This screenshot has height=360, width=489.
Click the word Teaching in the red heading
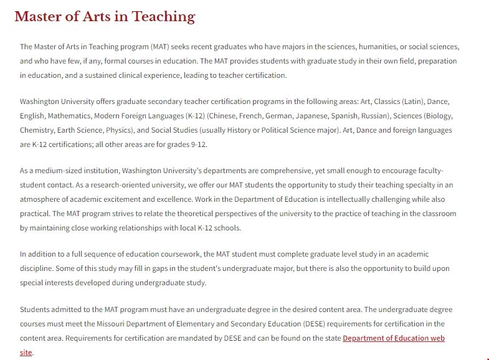tap(163, 17)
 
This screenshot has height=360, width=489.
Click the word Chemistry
tap(37, 130)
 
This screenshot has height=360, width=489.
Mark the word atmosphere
tap(41, 199)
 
